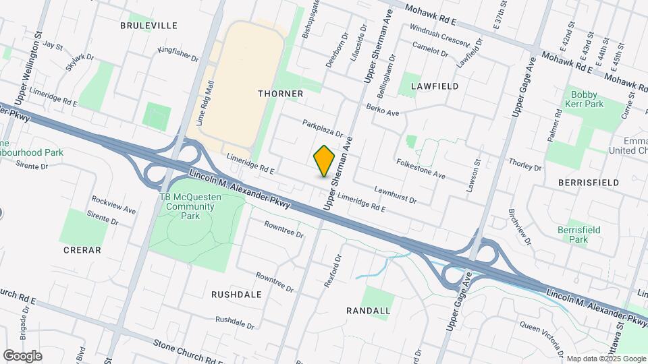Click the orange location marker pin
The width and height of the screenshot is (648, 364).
[x=325, y=160]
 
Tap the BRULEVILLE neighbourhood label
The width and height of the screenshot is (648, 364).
[x=148, y=26]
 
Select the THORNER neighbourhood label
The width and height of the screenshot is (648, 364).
[x=280, y=94]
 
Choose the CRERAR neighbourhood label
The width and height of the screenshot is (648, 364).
[x=82, y=250]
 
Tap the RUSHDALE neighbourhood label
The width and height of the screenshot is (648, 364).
[x=236, y=295]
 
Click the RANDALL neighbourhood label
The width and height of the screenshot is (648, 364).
[x=368, y=311]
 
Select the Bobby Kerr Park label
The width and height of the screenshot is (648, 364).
[x=586, y=100]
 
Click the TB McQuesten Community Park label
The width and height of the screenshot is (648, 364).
[x=180, y=206]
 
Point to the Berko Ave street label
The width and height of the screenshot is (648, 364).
[x=383, y=109]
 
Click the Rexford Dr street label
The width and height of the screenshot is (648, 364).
[x=333, y=271]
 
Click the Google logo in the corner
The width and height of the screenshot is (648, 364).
[x=22, y=355]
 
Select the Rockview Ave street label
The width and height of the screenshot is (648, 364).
[x=113, y=206]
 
